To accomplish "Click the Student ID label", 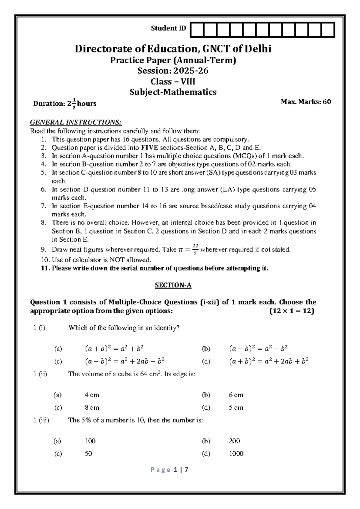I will point(168,29).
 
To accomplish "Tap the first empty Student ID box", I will point(196,30).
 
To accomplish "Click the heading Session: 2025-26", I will point(173,71).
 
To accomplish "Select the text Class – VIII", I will point(173,81).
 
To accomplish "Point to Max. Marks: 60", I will point(306,102).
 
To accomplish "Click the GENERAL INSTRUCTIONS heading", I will point(76,122).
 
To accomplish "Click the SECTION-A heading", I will point(173,285).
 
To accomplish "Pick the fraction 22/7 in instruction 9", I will point(195,249).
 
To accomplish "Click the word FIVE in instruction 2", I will point(150,148).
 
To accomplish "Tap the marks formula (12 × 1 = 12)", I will point(292,311).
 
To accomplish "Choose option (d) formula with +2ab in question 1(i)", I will point(269,361).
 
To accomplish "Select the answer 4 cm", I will point(92,395).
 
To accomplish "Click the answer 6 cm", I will point(236,395).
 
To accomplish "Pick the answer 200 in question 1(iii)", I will point(234,441).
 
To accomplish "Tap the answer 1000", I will point(236,453).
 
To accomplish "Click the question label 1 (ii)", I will point(40,374).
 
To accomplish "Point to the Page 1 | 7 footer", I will point(173,470).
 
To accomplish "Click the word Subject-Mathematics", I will point(173,92).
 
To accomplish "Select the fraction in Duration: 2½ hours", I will point(74,104).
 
